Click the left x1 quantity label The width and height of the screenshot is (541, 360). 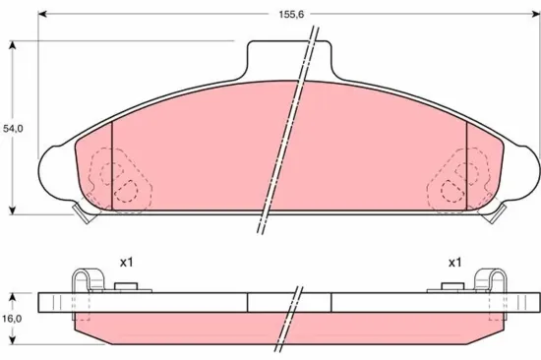coord(125,263)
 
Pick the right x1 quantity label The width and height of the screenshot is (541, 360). coord(454,263)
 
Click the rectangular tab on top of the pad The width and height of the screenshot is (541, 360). coord(293,57)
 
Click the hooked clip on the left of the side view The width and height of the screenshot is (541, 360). coord(88,279)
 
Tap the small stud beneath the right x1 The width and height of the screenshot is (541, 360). coord(452,285)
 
